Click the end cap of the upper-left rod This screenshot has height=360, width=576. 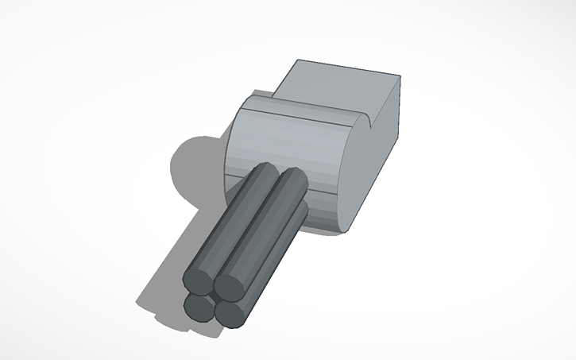click(x=198, y=279)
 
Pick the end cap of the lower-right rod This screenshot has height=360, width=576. click(x=230, y=313)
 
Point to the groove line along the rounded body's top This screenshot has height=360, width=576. click(x=310, y=112)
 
